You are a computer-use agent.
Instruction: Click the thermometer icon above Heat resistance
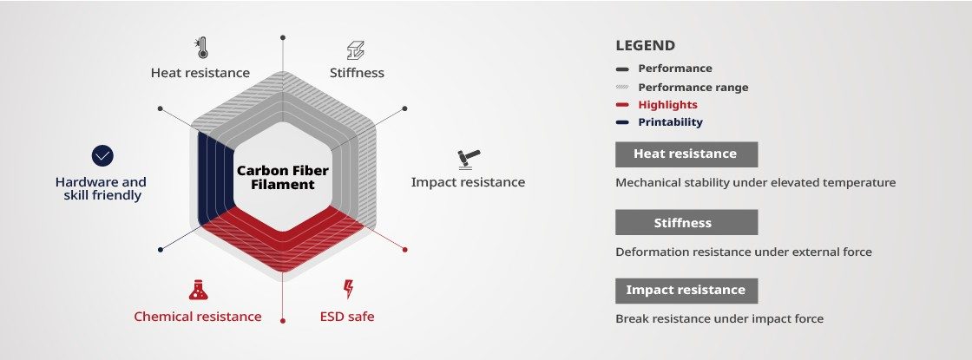(201, 48)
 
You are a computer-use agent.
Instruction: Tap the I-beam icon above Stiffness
(355, 50)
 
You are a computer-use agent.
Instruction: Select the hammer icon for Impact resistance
(469, 160)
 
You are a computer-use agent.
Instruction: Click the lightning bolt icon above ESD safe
(348, 290)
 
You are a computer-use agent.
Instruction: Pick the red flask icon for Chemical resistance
(199, 290)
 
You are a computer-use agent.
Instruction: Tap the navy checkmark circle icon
(102, 155)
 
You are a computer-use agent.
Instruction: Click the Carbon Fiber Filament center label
(283, 177)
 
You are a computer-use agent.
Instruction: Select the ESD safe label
(347, 317)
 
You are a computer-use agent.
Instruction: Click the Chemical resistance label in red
(198, 317)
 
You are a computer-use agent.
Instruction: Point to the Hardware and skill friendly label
(101, 188)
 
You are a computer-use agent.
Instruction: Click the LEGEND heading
(646, 46)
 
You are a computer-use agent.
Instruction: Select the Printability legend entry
(660, 122)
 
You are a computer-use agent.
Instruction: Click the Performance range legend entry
(682, 88)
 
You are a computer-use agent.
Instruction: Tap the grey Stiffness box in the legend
(686, 222)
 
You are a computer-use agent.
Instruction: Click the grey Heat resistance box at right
(686, 154)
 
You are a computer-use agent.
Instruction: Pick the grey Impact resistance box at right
(686, 291)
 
